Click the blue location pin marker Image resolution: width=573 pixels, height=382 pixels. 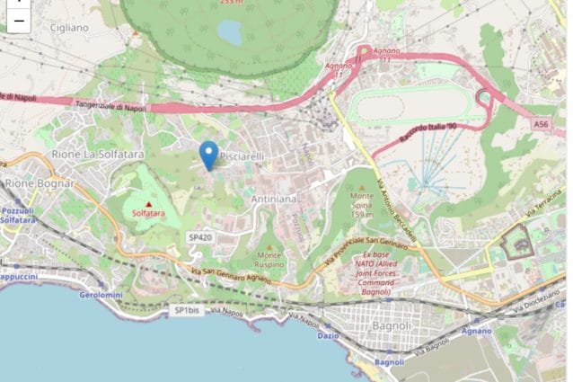[x=208, y=154]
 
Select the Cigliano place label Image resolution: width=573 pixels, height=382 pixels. [x=68, y=28]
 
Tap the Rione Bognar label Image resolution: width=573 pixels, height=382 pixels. [x=40, y=183]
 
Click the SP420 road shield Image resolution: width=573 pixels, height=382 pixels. [x=199, y=237]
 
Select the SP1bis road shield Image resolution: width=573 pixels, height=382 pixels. [x=185, y=310]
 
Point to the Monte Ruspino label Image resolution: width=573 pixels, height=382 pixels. [x=269, y=260]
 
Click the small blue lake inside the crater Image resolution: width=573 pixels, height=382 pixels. [x=230, y=33]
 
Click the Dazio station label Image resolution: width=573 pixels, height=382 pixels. [x=329, y=335]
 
